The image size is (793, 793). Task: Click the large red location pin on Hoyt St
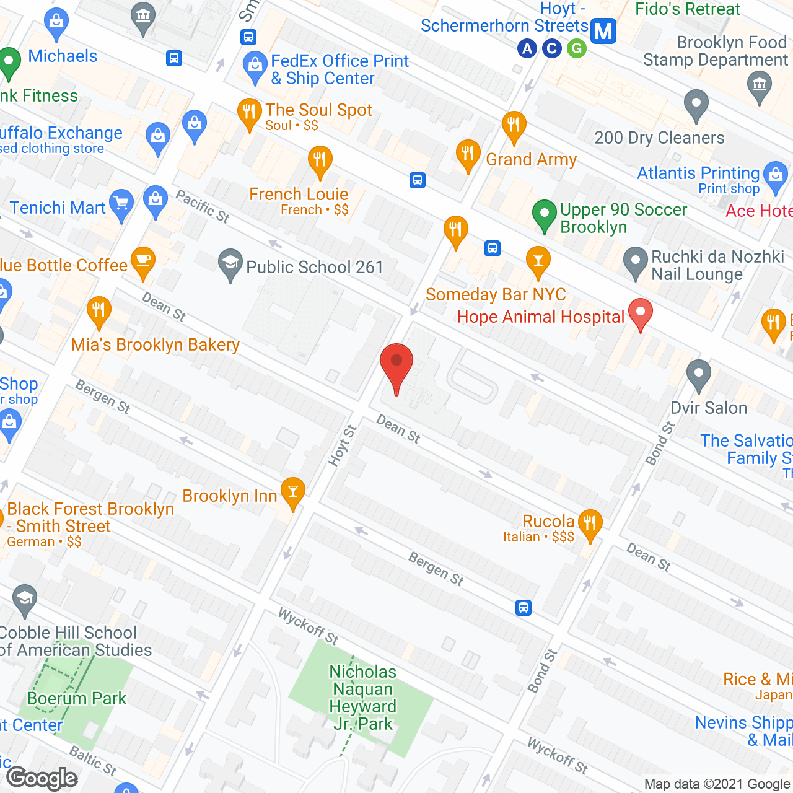[x=396, y=366]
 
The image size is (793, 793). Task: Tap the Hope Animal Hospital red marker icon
[x=641, y=313]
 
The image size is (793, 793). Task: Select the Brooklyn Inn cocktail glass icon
[x=293, y=493]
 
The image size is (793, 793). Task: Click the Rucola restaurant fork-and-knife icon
[x=590, y=524]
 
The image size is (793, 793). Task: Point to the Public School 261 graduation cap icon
[x=230, y=264]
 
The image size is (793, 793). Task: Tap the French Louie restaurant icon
[x=320, y=161]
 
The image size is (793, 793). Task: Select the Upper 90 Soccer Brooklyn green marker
[x=544, y=215]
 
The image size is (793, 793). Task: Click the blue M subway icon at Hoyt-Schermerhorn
[x=603, y=30]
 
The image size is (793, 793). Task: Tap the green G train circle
[x=577, y=48]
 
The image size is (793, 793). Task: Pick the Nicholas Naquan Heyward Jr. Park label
[x=362, y=698]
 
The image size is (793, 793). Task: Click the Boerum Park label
[x=77, y=698]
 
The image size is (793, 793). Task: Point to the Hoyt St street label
[x=343, y=445]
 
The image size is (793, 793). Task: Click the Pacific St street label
[x=203, y=206]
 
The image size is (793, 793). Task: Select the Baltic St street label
[x=93, y=760]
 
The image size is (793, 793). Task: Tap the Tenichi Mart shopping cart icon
[x=121, y=204]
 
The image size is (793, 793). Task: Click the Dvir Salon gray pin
[x=699, y=374]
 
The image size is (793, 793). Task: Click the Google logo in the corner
[x=42, y=778]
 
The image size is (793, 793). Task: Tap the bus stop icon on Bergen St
[x=524, y=607]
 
